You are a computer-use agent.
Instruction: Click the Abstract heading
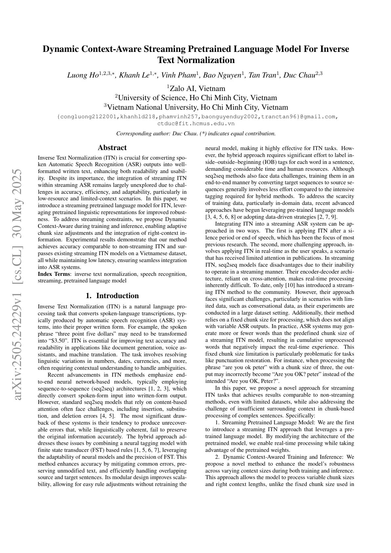(x=112, y=148)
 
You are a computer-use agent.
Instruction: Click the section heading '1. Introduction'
(x=112, y=296)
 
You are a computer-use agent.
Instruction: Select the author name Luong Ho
(x=83, y=75)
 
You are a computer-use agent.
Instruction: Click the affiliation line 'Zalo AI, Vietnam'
(x=196, y=88)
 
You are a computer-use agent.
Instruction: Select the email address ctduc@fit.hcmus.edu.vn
(x=196, y=124)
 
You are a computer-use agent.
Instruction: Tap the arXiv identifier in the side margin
(x=18, y=284)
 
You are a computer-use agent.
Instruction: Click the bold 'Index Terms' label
(x=54, y=274)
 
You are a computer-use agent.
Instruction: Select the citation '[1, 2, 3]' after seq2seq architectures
(x=161, y=388)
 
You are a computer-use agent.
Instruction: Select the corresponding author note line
(x=196, y=134)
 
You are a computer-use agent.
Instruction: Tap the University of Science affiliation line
(x=196, y=98)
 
